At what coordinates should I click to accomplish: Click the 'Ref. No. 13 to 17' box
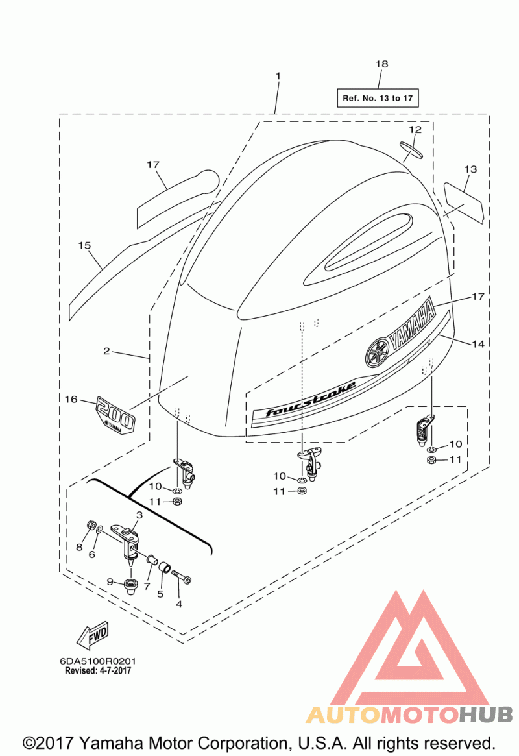click(x=378, y=98)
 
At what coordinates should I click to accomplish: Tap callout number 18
click(x=381, y=64)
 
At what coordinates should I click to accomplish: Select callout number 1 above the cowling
click(x=278, y=76)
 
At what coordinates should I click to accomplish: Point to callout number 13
click(x=470, y=169)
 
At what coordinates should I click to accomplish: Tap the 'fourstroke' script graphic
click(x=311, y=398)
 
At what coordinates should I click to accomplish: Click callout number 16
click(x=71, y=399)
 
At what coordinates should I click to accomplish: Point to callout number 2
click(x=106, y=351)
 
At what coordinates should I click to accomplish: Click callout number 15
click(x=84, y=245)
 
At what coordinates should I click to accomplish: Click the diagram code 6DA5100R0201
click(x=98, y=661)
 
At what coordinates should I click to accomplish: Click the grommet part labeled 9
click(x=130, y=587)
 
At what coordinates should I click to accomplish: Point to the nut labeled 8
click(x=91, y=525)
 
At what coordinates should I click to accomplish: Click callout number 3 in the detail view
click(x=139, y=515)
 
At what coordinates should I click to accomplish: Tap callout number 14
click(x=478, y=344)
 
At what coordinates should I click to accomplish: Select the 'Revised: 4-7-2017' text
click(x=98, y=670)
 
